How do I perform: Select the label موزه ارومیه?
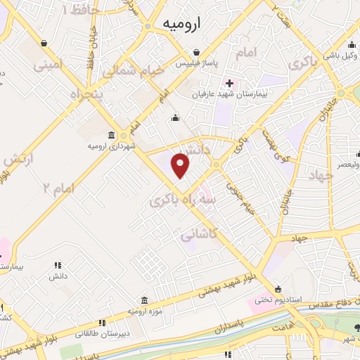tap(144, 310)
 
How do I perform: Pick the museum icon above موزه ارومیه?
tap(144, 300)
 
